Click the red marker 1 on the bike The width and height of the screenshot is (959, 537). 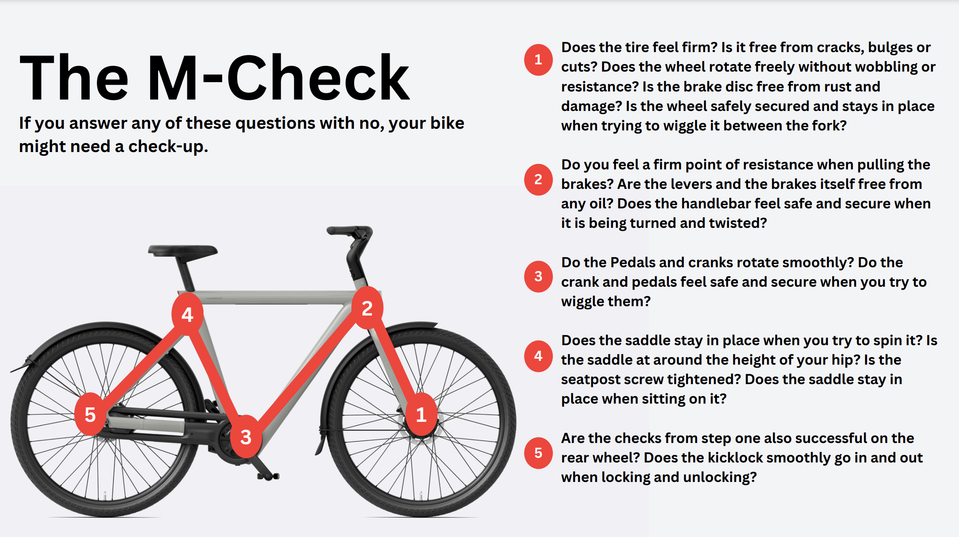421,414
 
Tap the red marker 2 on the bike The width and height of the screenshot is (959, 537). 367,308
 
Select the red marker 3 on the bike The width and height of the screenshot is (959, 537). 246,436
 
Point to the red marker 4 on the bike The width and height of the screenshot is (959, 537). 187,314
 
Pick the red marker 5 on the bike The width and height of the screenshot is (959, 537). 90,414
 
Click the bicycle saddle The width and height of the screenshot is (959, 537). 183,251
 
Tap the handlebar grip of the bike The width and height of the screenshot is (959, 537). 341,230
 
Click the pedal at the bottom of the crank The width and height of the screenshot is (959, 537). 268,476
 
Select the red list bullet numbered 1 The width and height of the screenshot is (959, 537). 538,60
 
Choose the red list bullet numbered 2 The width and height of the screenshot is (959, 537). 538,180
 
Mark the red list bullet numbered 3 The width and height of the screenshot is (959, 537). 538,277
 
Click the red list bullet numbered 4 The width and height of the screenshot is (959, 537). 538,356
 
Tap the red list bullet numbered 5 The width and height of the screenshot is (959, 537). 538,453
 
